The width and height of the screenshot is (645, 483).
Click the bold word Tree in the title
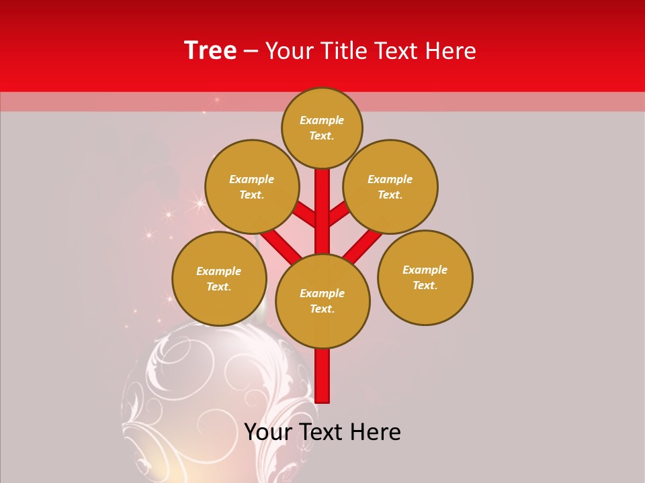[210, 51]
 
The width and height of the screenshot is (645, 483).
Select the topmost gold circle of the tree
[322, 127]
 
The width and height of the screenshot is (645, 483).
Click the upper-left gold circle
[251, 186]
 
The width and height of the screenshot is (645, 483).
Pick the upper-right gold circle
[390, 186]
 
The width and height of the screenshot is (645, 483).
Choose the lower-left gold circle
[219, 278]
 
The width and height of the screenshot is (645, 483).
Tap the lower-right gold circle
[425, 277]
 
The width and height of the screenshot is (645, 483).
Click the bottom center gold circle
[322, 301]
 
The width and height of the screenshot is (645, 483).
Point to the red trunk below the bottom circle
[322, 376]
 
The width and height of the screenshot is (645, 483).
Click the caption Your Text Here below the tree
[322, 432]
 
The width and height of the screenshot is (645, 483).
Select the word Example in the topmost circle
[322, 120]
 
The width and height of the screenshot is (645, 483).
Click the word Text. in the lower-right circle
[425, 285]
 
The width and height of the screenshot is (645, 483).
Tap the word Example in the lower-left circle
[218, 271]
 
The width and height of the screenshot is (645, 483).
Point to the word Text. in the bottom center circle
[322, 309]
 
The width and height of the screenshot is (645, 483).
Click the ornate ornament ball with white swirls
[215, 402]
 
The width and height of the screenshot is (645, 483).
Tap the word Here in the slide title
[453, 51]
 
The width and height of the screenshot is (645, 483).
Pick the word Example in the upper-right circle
[390, 179]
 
